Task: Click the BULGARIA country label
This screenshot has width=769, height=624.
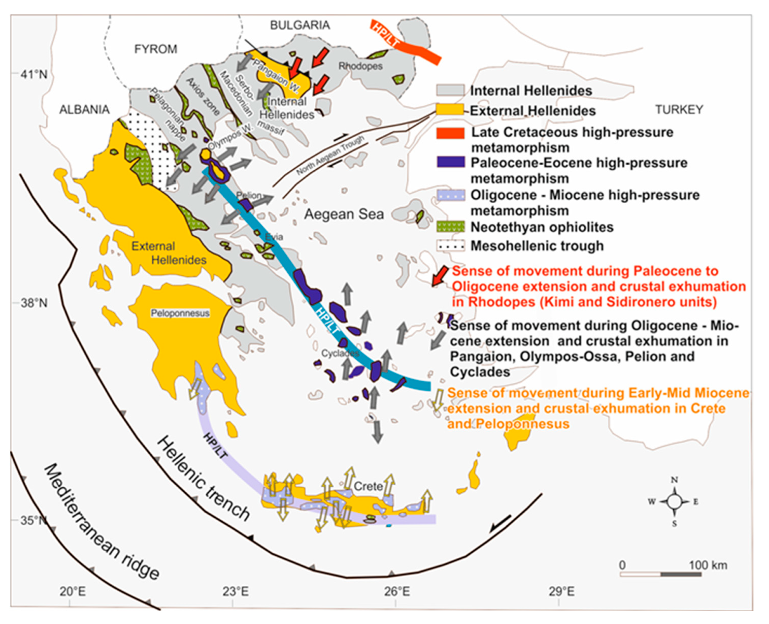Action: coord(300,25)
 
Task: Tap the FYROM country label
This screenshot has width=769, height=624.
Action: coord(156,49)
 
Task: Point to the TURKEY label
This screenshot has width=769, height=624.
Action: coord(679,109)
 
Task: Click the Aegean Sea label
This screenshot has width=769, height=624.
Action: coord(344,214)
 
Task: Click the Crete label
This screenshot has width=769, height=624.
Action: coord(368,486)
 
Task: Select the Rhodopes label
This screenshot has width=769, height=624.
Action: coord(361,66)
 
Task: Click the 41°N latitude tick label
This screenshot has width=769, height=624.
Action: coord(34,74)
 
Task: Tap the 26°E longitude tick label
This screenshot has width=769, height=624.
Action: coord(396,591)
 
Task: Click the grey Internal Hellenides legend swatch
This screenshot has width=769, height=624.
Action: coord(450,90)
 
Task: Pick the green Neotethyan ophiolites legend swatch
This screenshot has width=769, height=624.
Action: coord(450,227)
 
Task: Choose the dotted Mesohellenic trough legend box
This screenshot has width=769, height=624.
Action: coord(450,246)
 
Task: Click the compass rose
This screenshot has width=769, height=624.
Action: coord(674,501)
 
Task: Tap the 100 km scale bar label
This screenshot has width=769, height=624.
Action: coord(708,565)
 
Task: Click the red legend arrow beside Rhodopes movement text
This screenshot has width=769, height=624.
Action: coord(440,276)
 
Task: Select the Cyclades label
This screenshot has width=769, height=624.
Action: coord(340,353)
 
